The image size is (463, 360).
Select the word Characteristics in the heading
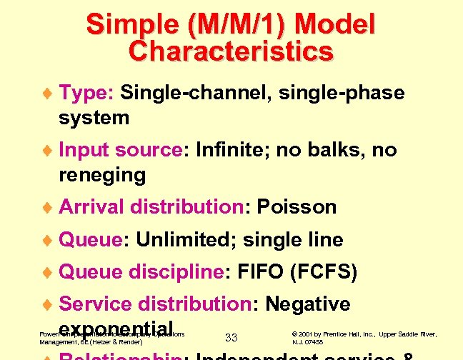pyautogui.click(x=231, y=51)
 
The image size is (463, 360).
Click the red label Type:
pyautogui.click(x=86, y=93)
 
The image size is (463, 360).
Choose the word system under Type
pyautogui.click(x=94, y=117)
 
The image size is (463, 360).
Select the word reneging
pyautogui.click(x=102, y=175)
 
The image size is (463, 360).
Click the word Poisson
pyautogui.click(x=297, y=207)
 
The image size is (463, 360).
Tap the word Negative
pyautogui.click(x=307, y=304)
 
